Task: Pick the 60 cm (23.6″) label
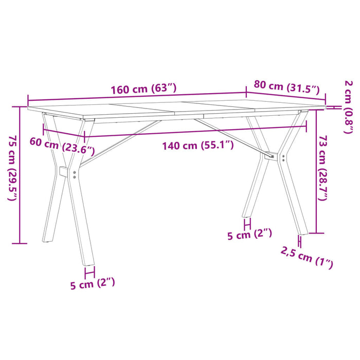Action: click(62, 147)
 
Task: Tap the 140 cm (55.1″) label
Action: click(198, 146)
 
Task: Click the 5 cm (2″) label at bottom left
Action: click(93, 282)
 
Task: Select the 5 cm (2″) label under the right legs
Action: click(249, 235)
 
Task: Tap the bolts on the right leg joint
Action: click(283, 158)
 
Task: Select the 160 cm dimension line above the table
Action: click(137, 97)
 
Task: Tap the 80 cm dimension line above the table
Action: click(286, 96)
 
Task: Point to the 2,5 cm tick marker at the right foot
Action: click(299, 242)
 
